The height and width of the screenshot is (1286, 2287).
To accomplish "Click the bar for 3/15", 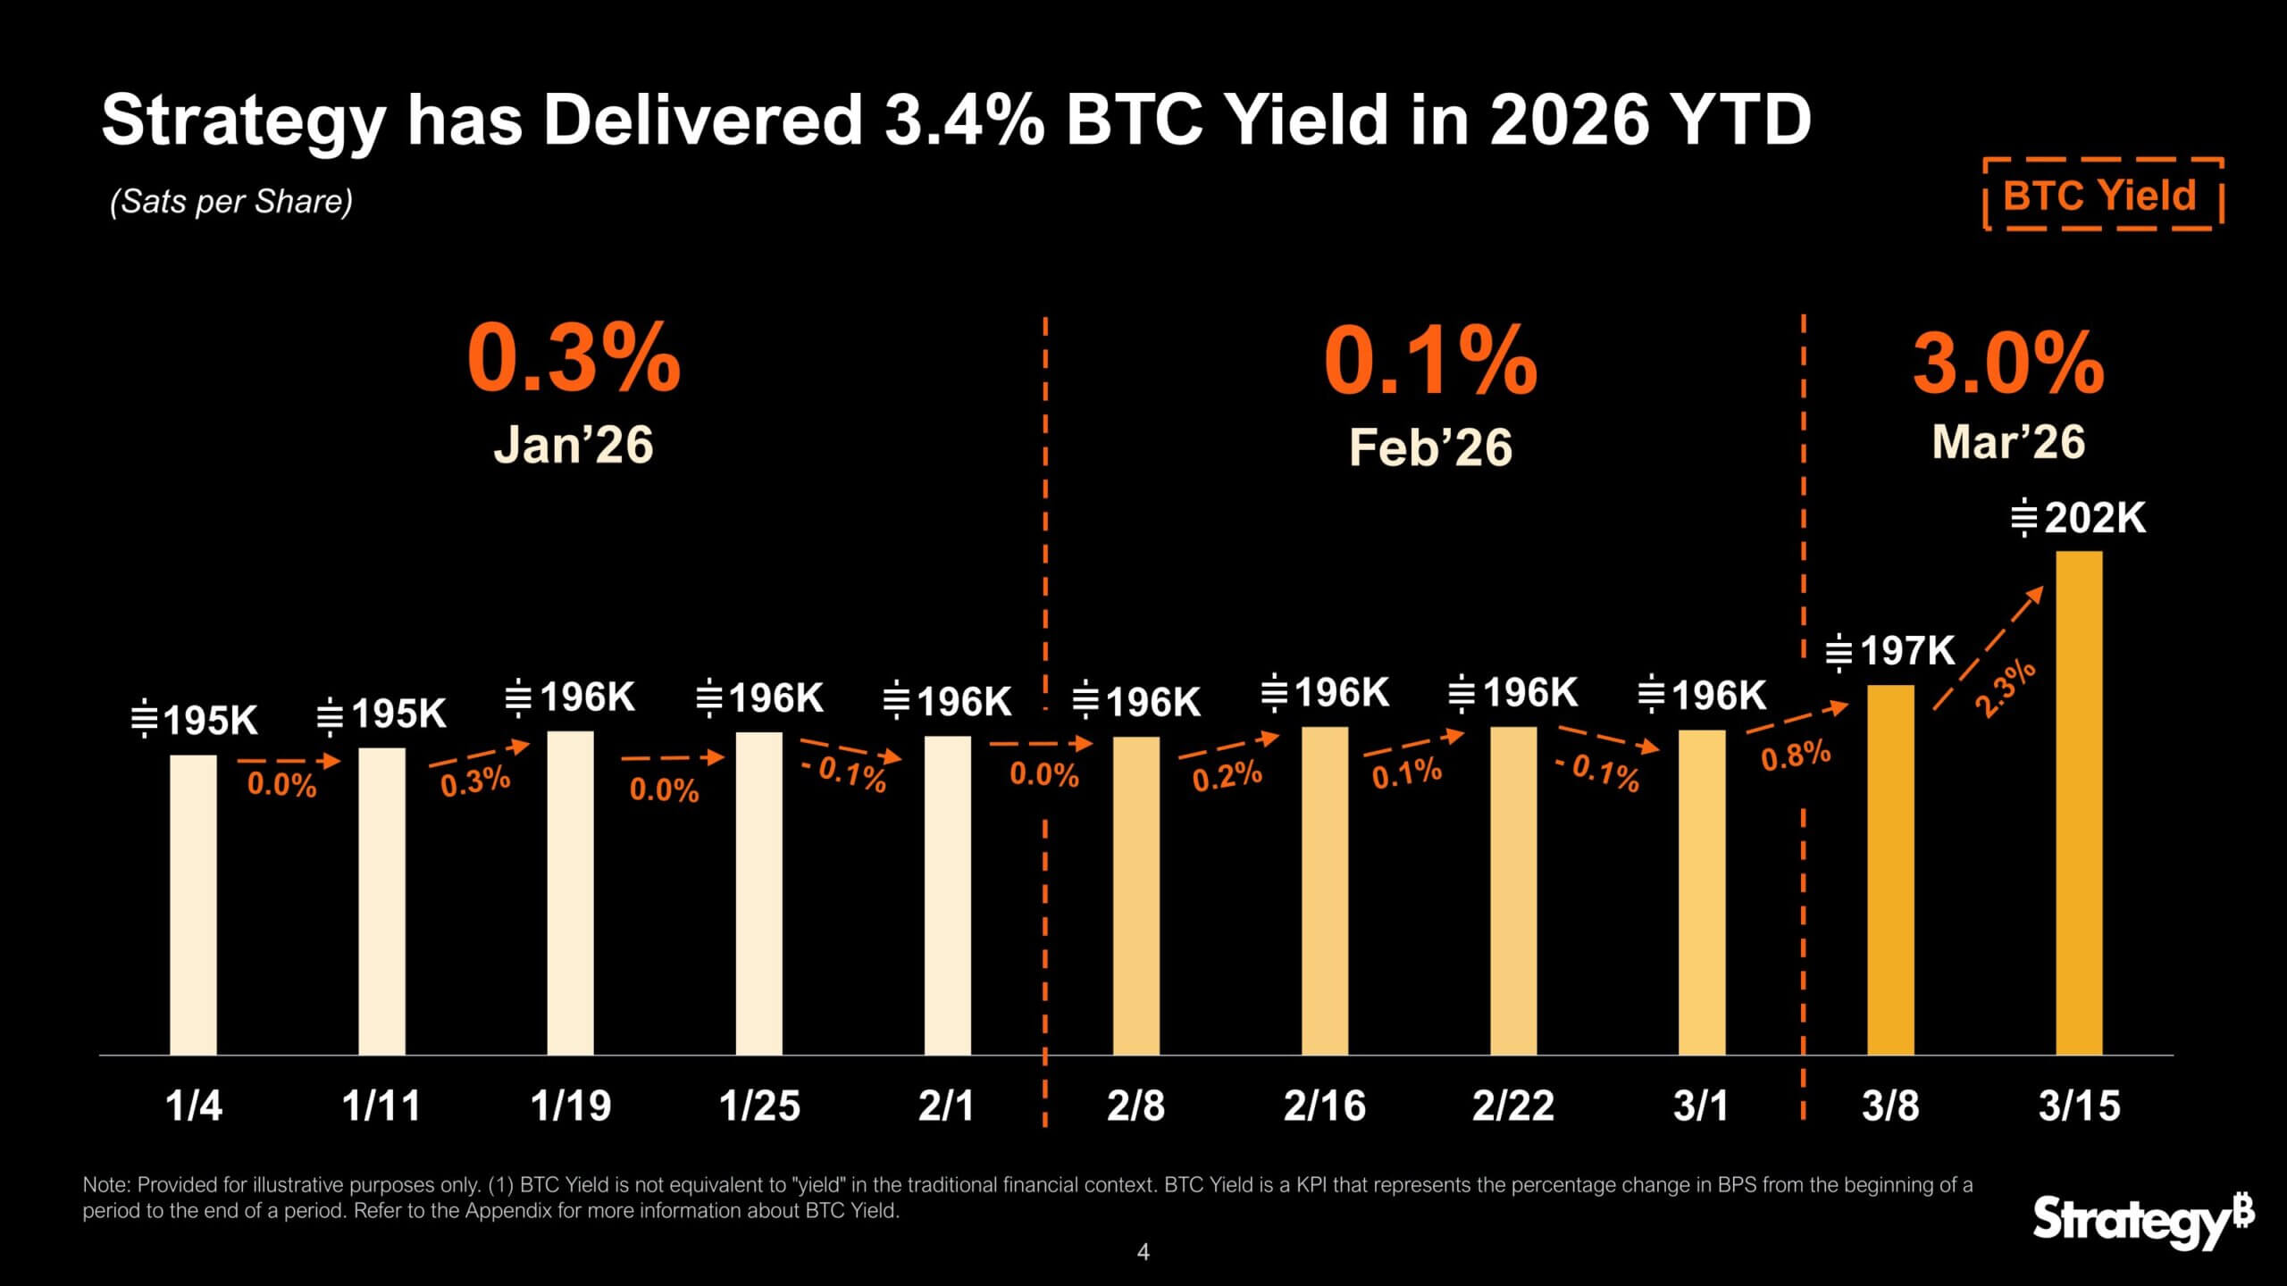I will coord(2079,804).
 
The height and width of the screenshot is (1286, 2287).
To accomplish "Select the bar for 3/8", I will coord(1890,871).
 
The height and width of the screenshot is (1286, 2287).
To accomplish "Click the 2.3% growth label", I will coord(2006,689).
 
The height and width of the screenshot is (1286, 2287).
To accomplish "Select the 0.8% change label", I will coord(1796,756).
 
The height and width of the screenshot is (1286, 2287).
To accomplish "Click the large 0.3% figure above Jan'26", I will coord(574,359).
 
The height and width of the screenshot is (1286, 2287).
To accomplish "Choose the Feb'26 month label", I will coord(1430,447).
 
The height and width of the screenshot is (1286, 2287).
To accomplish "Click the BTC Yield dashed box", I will coord(2102,195).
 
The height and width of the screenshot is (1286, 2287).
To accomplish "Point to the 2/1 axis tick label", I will coord(946,1106).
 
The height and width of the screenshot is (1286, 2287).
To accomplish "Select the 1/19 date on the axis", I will coord(571,1106).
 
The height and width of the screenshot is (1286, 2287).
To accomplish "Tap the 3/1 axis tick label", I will coord(1700,1106).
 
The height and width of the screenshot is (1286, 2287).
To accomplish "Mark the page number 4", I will coord(1143,1252).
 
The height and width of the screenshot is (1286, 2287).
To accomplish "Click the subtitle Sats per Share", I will coord(231,201).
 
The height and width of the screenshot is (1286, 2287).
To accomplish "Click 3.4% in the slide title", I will coord(964,120).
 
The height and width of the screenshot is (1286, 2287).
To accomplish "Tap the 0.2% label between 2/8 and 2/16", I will coord(1227,776).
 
